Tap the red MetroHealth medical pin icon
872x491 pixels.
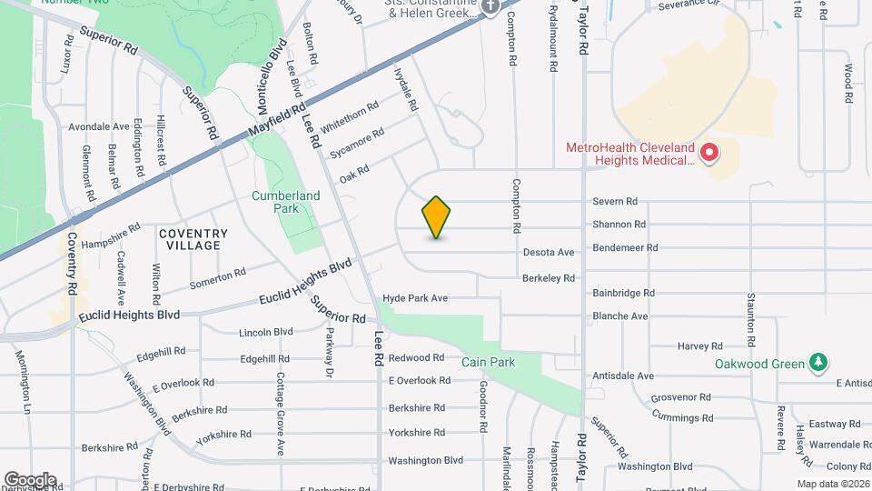point(709,153)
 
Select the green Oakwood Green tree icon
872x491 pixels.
point(819,363)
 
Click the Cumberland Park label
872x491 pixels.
point(286,201)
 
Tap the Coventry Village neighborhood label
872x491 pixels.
point(193,239)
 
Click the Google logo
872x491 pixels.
point(30,480)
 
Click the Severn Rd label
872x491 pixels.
point(615,201)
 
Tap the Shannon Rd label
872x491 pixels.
point(619,224)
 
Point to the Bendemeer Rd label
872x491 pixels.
point(624,247)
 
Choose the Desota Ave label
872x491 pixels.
point(549,252)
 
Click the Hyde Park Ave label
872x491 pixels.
point(415,297)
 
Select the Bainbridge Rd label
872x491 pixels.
point(623,293)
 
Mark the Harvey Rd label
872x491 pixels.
point(699,346)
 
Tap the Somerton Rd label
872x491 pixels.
point(217,278)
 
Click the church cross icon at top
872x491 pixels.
point(491,7)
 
